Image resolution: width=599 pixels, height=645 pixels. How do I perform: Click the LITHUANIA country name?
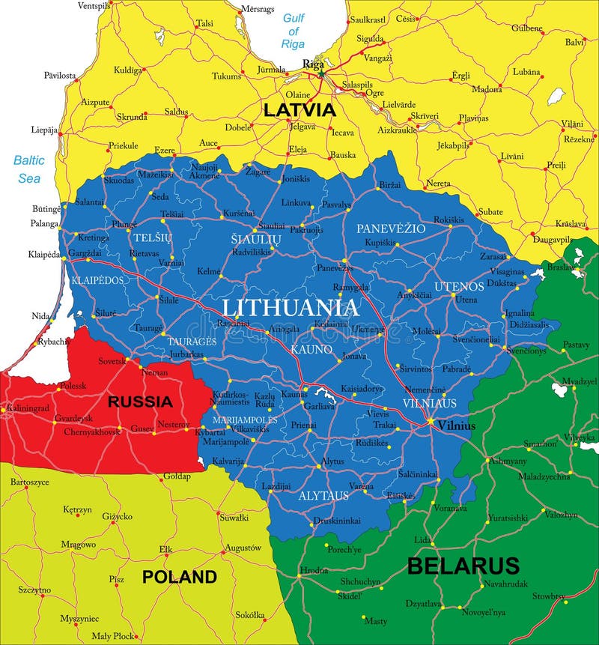pyautogui.click(x=291, y=307)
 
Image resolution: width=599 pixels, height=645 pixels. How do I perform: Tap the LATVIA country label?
pyautogui.click(x=299, y=109)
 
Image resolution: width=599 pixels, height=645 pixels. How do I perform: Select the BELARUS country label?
pyautogui.click(x=463, y=565)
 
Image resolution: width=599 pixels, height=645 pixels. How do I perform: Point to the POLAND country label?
pyautogui.click(x=180, y=577)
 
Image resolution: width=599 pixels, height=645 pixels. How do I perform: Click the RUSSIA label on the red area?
pyautogui.click(x=140, y=402)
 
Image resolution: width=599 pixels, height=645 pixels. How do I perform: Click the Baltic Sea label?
pyautogui.click(x=28, y=169)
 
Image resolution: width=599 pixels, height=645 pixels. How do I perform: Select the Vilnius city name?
pyautogui.click(x=457, y=426)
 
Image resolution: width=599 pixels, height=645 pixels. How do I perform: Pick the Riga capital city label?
pyautogui.click(x=312, y=64)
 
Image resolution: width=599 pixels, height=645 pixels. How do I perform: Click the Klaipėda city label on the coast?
pyautogui.click(x=43, y=254)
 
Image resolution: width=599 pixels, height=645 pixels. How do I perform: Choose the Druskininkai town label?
pyautogui.click(x=337, y=520)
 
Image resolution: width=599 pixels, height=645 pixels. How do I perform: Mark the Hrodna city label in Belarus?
pyautogui.click(x=313, y=570)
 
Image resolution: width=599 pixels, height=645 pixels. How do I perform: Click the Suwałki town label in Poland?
pyautogui.click(x=234, y=517)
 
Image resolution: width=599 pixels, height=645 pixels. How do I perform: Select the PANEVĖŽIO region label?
pyautogui.click(x=390, y=228)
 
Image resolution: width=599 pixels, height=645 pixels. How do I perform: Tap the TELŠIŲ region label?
pyautogui.click(x=152, y=237)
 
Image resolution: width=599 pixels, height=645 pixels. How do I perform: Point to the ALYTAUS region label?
pyautogui.click(x=323, y=496)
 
